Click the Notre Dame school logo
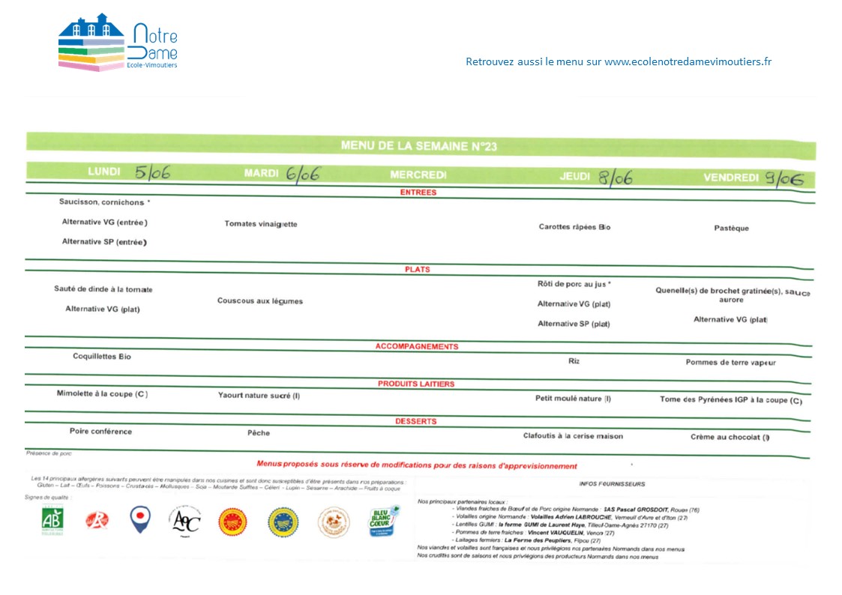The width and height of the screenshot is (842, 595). click(118, 43)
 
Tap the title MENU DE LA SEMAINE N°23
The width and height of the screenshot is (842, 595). click(418, 146)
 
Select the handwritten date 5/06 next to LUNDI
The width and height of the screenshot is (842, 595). click(152, 172)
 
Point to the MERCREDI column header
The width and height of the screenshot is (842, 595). click(418, 175)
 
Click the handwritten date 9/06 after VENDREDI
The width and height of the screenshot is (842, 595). click(784, 178)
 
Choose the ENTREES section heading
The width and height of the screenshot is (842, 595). click(418, 193)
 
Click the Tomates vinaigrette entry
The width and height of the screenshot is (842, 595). click(260, 224)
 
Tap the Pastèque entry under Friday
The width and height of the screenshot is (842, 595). click(731, 229)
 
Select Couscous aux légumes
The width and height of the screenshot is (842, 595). click(259, 301)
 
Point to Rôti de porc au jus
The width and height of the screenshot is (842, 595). click(574, 284)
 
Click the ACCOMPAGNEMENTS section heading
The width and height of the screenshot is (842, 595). click(417, 347)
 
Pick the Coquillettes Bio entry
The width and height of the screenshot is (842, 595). click(102, 357)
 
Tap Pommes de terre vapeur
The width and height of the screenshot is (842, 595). click(730, 363)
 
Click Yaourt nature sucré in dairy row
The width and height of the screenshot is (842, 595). click(259, 396)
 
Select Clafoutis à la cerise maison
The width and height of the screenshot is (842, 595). click(573, 436)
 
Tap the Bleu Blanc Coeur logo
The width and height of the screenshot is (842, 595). click(382, 521)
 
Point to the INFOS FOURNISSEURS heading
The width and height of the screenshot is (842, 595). click(612, 484)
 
